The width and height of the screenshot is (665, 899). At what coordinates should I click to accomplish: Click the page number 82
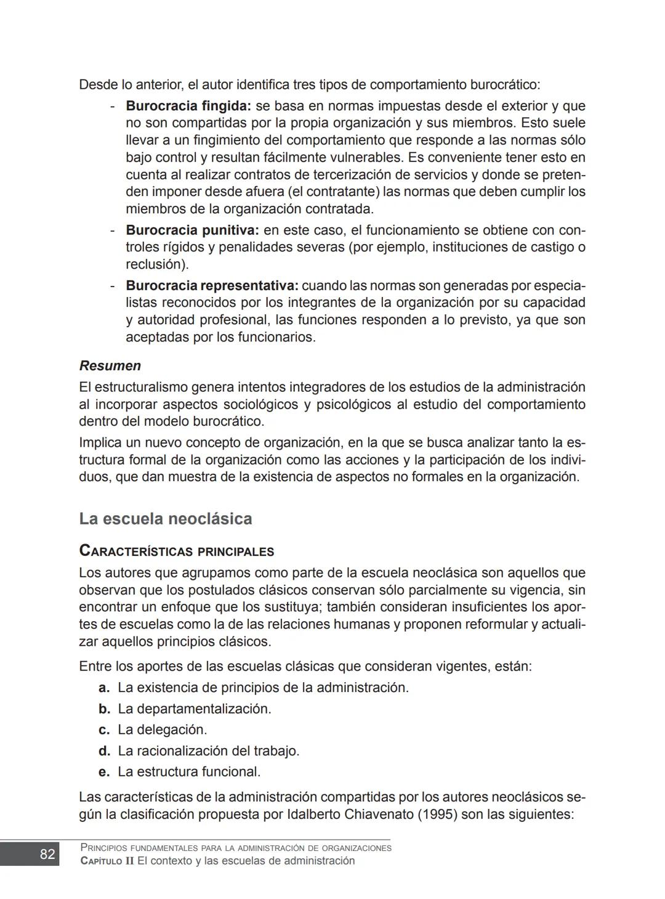(47, 854)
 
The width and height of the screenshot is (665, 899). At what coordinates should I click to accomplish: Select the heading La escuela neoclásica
(165, 519)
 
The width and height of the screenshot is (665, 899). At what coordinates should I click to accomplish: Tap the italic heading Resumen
(110, 365)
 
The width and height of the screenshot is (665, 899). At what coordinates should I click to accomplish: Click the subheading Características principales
(176, 551)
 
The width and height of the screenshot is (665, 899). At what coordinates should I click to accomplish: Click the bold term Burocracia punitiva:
(192, 230)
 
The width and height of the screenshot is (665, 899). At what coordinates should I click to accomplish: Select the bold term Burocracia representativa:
(212, 286)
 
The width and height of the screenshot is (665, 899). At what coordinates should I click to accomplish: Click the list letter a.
(104, 688)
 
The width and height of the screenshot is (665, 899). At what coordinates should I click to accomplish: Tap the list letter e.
(104, 772)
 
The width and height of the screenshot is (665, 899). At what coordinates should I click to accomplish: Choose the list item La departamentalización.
(194, 709)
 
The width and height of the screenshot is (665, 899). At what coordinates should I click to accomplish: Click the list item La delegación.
(162, 730)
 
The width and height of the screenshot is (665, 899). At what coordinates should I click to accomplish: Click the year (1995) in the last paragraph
(437, 815)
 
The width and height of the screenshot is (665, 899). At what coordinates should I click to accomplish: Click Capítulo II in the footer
(107, 861)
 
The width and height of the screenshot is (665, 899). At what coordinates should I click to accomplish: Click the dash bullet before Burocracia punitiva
(113, 230)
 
